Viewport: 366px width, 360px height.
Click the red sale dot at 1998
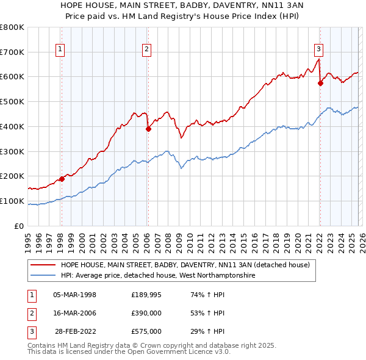pos(62,179)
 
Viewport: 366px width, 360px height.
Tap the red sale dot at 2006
pos(148,129)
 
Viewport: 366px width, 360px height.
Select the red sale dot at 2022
pos(320,84)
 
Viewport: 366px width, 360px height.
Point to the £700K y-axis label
pos(12,52)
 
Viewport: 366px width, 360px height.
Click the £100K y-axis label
pos(12,201)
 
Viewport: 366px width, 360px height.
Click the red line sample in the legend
pos(43,265)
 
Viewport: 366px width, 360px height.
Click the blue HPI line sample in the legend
pos(43,275)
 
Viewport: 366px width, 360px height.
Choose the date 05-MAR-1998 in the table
pos(75,295)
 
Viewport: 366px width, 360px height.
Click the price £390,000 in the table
pos(146,313)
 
